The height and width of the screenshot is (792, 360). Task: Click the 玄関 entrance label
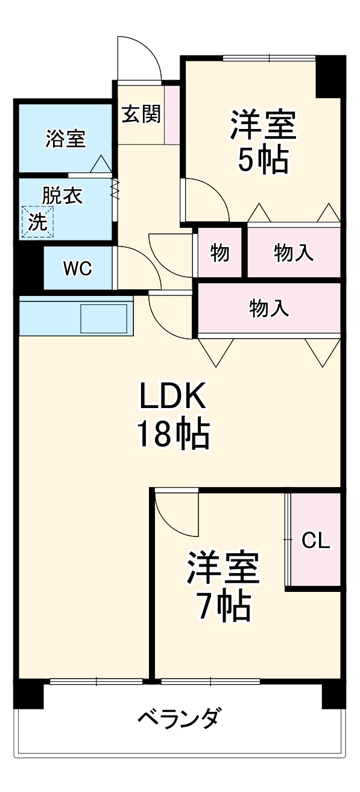tap(141, 114)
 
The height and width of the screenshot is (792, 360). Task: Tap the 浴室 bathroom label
tap(65, 139)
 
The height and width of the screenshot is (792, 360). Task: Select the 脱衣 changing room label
tap(62, 196)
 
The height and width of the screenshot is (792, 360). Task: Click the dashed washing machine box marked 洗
tap(38, 222)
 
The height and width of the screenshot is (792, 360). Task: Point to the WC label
tap(78, 269)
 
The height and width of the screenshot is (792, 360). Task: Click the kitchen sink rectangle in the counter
tap(104, 318)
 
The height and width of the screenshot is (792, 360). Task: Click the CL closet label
tap(315, 541)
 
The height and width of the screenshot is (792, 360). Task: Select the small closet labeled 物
tap(219, 253)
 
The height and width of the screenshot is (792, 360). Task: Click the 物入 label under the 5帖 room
tap(294, 253)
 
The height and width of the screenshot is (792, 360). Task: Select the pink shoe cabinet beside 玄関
tap(172, 115)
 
